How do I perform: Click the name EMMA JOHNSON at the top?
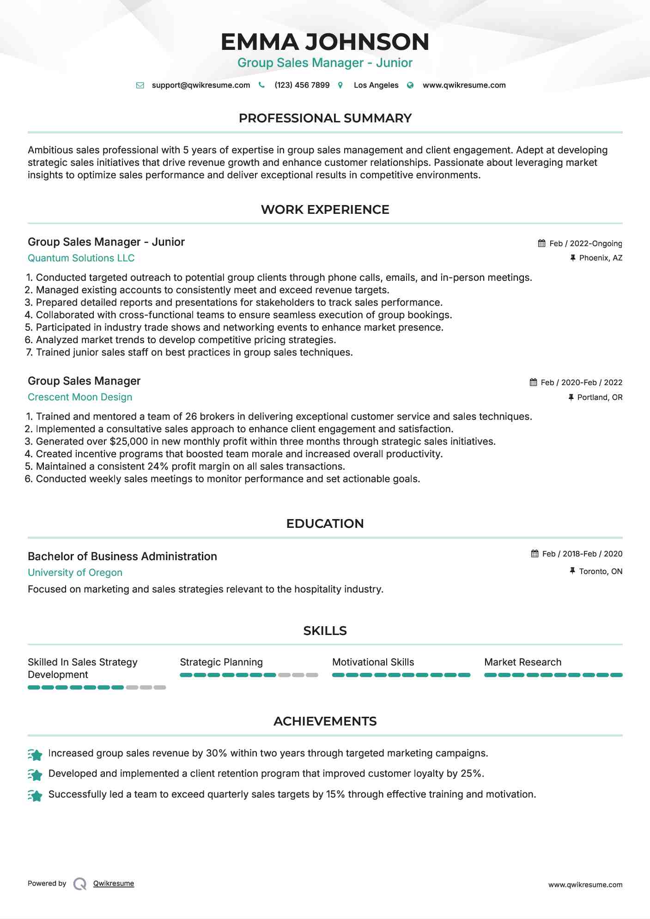point(325,42)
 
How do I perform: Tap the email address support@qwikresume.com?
point(200,85)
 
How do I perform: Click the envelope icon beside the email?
point(140,85)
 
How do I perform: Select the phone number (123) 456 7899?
point(302,85)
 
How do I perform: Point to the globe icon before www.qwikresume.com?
point(410,85)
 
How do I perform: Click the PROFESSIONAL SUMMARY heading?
point(325,118)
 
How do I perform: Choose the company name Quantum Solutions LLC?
point(81,258)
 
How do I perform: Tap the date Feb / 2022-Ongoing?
point(585,243)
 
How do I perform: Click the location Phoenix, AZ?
point(601,258)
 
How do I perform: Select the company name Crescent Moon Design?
point(80,397)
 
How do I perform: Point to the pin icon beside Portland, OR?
point(571,397)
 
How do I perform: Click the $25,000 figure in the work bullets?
point(129,441)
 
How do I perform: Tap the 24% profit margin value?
point(158,466)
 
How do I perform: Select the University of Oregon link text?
point(75,573)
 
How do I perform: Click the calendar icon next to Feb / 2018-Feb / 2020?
point(535,553)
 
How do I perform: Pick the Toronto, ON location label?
point(601,571)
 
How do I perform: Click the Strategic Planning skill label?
point(221,662)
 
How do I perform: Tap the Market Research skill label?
point(522,662)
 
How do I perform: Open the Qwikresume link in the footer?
point(114,883)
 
